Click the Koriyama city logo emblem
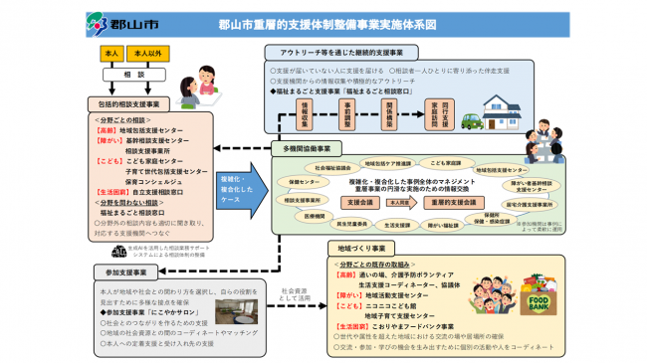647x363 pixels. point(98,21)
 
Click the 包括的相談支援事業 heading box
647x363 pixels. point(130,103)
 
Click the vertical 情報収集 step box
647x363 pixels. point(306,108)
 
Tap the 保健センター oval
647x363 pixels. point(300,183)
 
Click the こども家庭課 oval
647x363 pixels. point(445,162)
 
